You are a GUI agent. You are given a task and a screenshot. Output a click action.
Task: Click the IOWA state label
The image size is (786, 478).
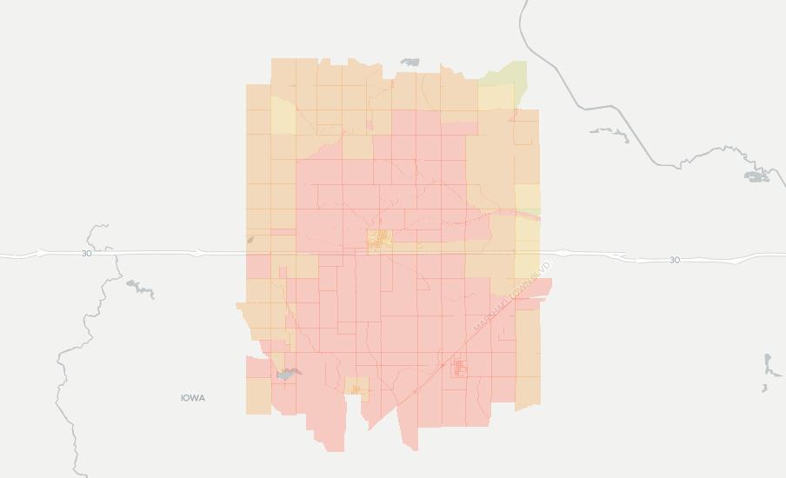(193, 398)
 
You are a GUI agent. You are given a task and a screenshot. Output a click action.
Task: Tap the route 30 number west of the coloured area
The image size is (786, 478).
(86, 254)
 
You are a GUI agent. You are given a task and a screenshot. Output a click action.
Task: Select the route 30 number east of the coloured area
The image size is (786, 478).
(675, 260)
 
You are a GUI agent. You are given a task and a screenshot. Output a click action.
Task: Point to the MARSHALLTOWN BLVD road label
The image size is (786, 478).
(513, 295)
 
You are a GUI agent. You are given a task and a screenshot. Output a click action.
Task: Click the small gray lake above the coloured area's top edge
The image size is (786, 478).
(410, 63)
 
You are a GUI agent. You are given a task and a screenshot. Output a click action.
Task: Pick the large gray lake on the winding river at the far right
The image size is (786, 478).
(756, 176)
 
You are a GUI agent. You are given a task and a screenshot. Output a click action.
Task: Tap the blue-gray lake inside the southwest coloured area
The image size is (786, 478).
(288, 375)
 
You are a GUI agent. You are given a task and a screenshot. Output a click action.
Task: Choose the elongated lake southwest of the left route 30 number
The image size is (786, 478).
(140, 289)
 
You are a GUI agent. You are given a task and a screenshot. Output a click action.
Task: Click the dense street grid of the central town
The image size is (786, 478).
(378, 240)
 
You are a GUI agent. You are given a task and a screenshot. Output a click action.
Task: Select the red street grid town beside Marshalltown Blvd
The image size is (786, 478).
(459, 369)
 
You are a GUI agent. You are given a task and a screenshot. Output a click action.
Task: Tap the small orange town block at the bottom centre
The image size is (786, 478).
(356, 387)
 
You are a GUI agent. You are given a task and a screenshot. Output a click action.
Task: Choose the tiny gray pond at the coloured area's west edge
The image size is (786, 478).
(250, 240)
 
